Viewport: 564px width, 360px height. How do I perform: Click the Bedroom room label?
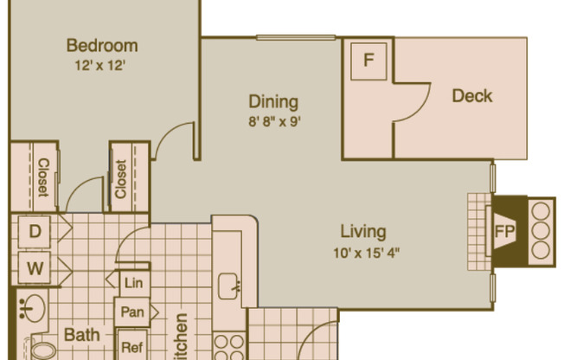tap(101, 46)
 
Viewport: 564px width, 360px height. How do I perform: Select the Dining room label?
tap(274, 102)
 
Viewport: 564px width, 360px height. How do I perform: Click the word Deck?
tap(472, 95)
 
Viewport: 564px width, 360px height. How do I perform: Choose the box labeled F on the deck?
tap(369, 61)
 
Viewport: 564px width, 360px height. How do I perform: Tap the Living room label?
tap(362, 232)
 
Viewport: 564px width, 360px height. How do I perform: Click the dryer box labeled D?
tap(35, 231)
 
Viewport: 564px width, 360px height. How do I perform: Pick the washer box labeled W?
tap(35, 268)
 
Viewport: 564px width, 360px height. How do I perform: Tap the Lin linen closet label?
tap(132, 283)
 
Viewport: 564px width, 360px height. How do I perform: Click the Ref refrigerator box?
tap(131, 347)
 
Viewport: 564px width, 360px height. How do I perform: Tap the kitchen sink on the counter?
tap(230, 284)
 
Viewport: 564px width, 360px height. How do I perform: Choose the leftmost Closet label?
tap(42, 177)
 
